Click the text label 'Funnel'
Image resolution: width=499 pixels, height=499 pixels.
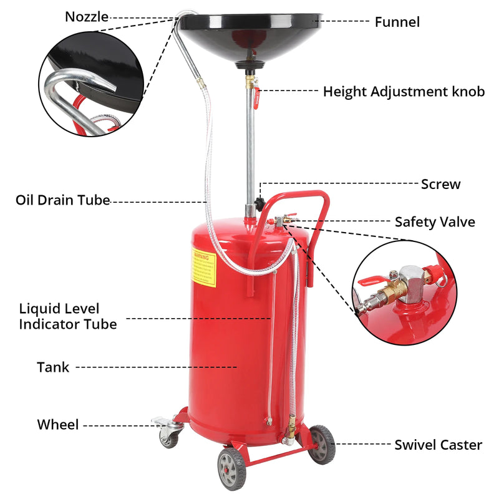tap(397, 22)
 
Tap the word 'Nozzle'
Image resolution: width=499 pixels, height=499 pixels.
tap(87, 17)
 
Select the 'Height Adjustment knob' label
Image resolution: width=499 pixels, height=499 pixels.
tap(404, 92)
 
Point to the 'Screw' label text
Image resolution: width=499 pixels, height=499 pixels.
tap(440, 184)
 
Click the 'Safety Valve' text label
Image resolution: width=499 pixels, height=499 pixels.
tap(435, 222)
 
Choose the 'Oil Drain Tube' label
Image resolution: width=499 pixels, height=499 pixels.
tap(62, 200)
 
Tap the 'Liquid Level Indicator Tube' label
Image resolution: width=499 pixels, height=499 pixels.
tap(67, 316)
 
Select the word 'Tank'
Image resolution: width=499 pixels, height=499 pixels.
tap(53, 367)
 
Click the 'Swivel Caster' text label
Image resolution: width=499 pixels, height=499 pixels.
tap(438, 445)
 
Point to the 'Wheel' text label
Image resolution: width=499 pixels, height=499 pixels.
tap(58, 425)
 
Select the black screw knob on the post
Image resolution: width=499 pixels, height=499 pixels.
tap(258, 203)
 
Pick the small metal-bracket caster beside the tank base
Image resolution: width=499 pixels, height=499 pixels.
tap(168, 432)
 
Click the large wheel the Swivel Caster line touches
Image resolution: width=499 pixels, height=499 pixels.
tap(322, 443)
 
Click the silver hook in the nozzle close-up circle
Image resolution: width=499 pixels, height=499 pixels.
tap(75, 87)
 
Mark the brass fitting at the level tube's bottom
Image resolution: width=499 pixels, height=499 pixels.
tap(291, 430)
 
